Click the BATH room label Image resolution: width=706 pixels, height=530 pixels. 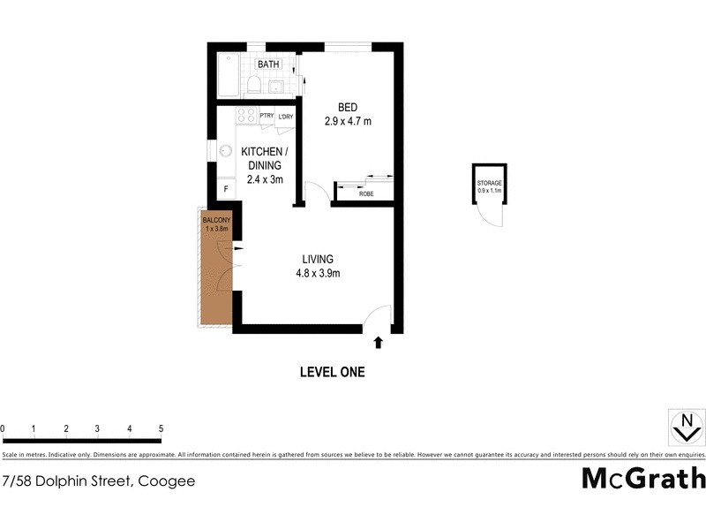tap(268, 64)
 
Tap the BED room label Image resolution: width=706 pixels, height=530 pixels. tap(346, 109)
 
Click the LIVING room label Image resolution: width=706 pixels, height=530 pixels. tap(318, 259)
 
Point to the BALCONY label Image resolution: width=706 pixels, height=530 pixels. tap(216, 219)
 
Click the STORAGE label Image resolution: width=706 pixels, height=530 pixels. tap(490, 183)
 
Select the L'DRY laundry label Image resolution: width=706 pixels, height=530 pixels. tap(286, 117)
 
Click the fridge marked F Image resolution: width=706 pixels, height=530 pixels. tap(226, 188)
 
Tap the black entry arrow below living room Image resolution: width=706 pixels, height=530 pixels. tap(379, 341)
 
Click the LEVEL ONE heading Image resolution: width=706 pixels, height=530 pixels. tap(333, 372)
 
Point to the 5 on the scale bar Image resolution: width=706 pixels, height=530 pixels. tap(161, 428)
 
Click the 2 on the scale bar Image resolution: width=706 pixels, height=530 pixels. tap(66, 428)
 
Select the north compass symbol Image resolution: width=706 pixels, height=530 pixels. tap(682, 427)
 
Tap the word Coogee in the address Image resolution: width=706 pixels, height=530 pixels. tap(165, 481)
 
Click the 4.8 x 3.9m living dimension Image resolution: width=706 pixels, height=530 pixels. tap(318, 273)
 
